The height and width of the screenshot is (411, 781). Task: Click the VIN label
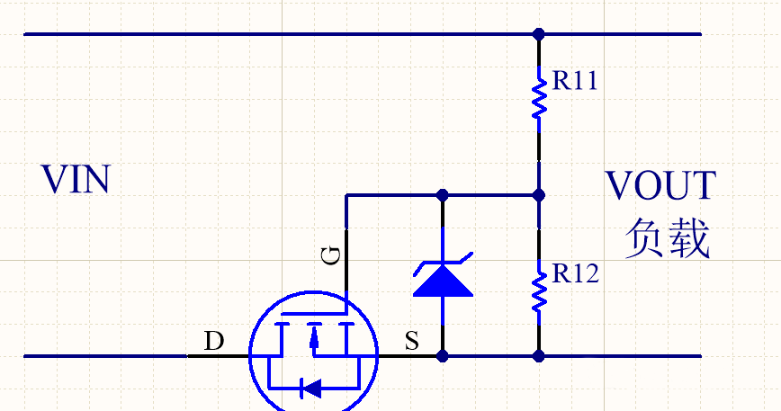click(x=76, y=180)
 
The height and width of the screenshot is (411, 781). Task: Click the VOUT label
click(x=660, y=186)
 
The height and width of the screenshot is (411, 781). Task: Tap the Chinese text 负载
click(x=668, y=239)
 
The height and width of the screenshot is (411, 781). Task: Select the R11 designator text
click(x=575, y=81)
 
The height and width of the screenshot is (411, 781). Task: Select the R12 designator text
click(x=575, y=273)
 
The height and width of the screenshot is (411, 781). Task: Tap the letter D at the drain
click(x=213, y=342)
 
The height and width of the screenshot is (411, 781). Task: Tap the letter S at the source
click(x=411, y=342)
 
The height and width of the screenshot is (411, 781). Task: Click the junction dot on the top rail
click(x=539, y=35)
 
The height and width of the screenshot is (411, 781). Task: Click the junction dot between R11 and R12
click(x=539, y=194)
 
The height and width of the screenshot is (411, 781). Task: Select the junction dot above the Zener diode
click(x=442, y=194)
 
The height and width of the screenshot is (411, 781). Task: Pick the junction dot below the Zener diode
click(x=442, y=356)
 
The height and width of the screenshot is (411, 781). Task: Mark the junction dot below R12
click(x=539, y=356)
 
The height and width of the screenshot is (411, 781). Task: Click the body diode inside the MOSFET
click(x=311, y=389)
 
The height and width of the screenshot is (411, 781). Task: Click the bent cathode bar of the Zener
click(x=442, y=264)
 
